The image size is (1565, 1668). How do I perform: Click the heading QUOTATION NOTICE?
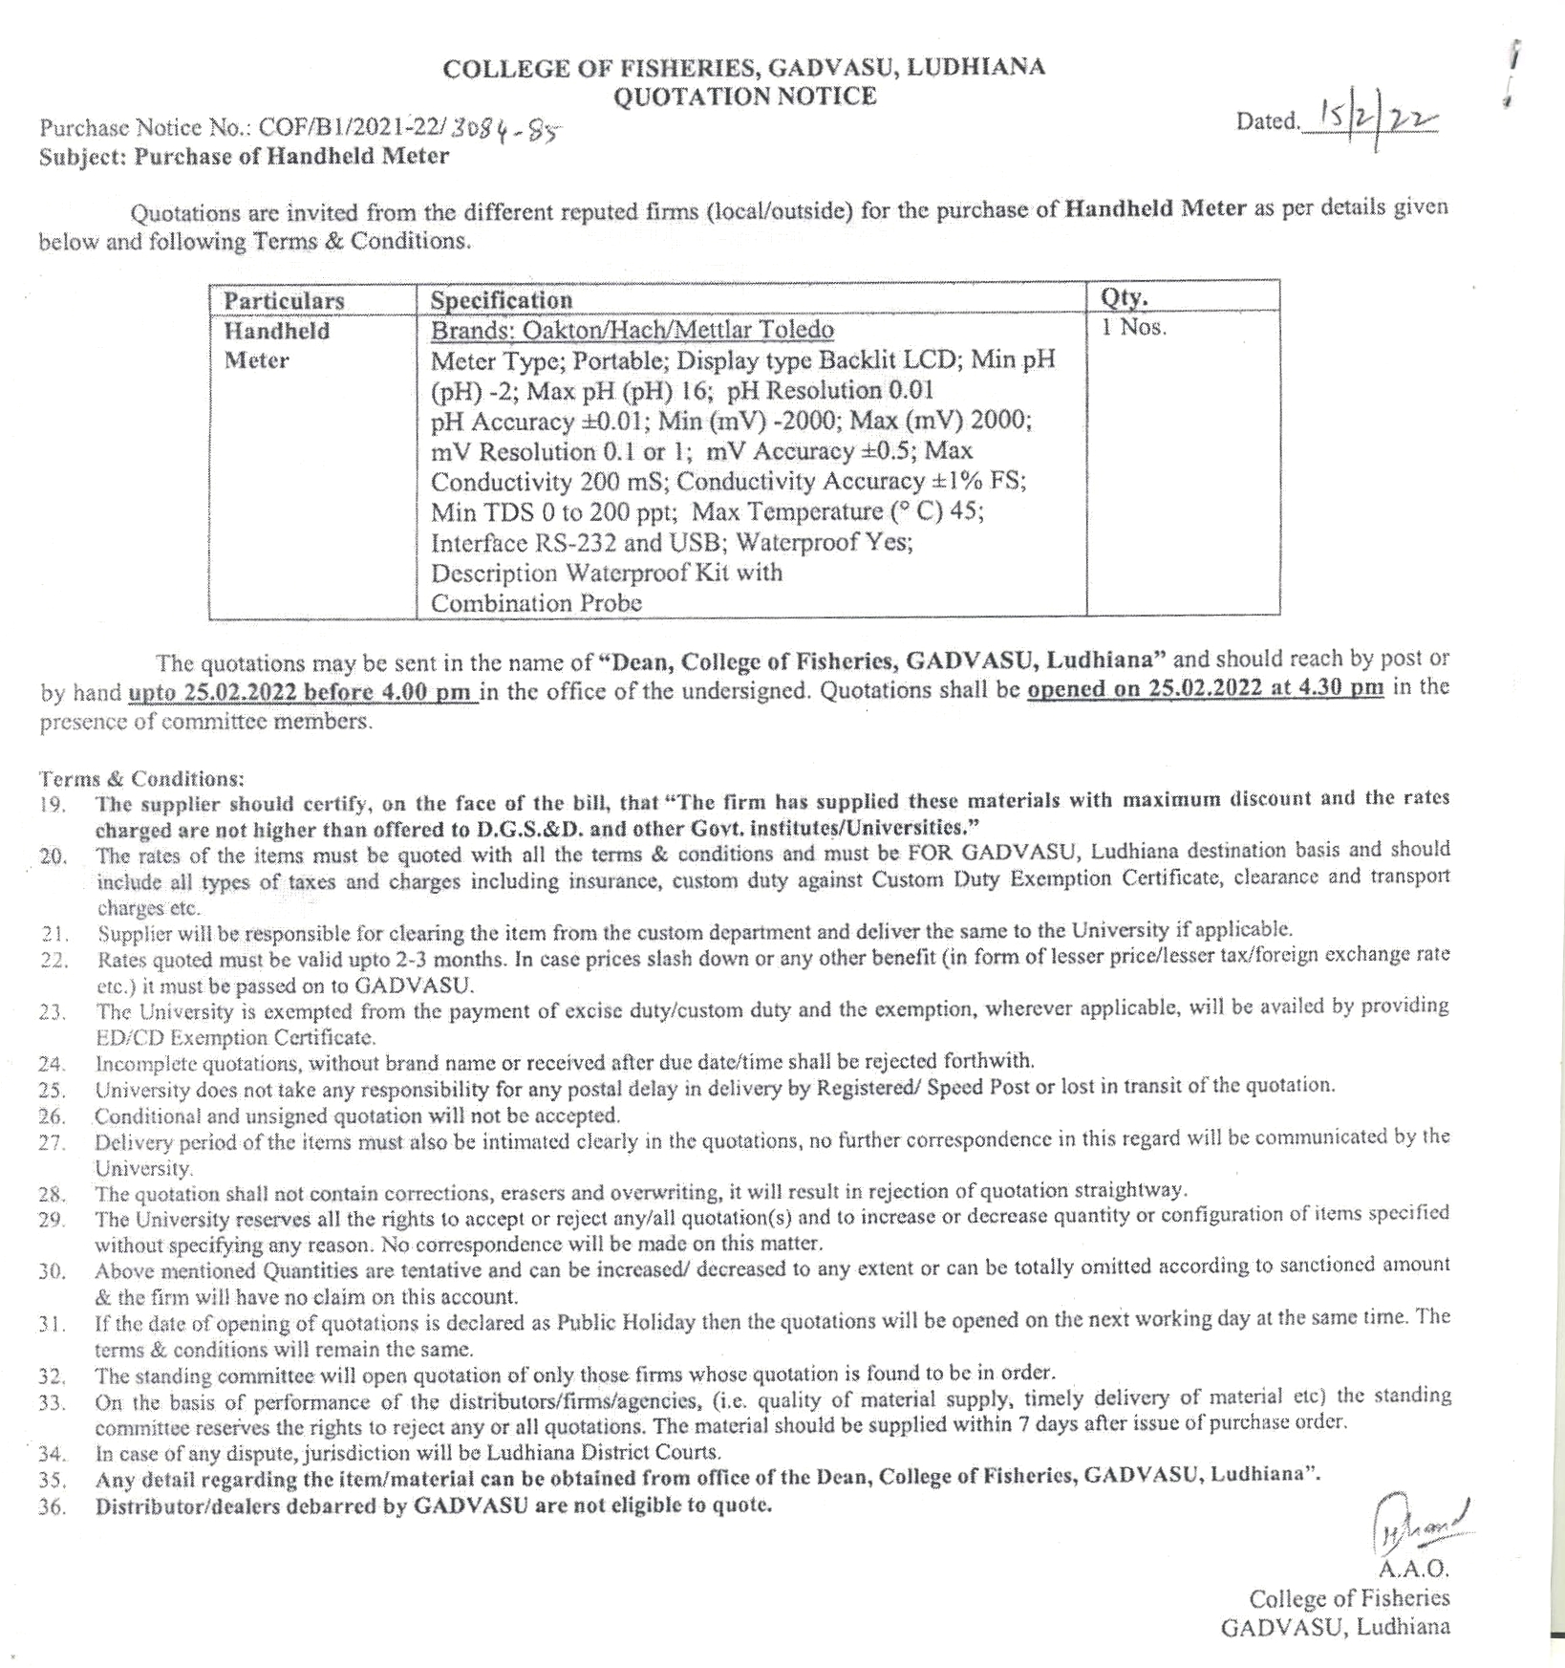743,97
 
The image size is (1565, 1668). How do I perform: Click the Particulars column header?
284,301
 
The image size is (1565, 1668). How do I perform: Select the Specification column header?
501,300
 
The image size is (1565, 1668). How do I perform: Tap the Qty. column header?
1124,297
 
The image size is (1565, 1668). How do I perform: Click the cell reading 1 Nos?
1133,327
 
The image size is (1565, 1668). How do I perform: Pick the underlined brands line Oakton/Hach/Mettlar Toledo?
632,331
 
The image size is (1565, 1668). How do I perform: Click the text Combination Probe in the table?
536,603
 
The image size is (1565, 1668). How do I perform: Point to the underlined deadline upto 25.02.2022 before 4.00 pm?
302,692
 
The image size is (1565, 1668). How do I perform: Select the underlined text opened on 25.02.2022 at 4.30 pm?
1205,688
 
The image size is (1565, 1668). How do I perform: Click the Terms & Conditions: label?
141,778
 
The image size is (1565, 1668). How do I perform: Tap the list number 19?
53,805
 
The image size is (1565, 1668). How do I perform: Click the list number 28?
52,1194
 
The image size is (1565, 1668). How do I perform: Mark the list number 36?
52,1507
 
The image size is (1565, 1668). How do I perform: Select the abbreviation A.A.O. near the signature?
1413,1569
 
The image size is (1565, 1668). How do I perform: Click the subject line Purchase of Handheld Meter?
291,157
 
